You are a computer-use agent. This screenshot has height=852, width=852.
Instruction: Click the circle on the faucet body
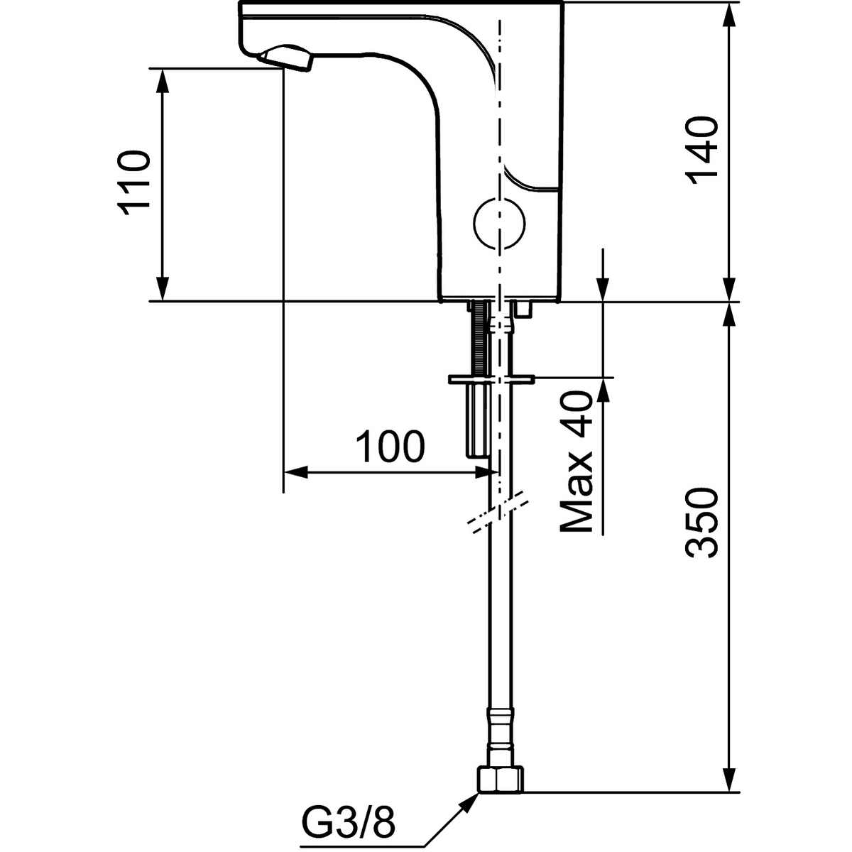pos(499,223)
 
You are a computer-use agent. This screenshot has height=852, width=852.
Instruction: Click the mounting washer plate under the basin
pos(491,379)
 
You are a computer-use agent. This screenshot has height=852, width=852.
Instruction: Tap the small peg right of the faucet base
pos(524,309)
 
